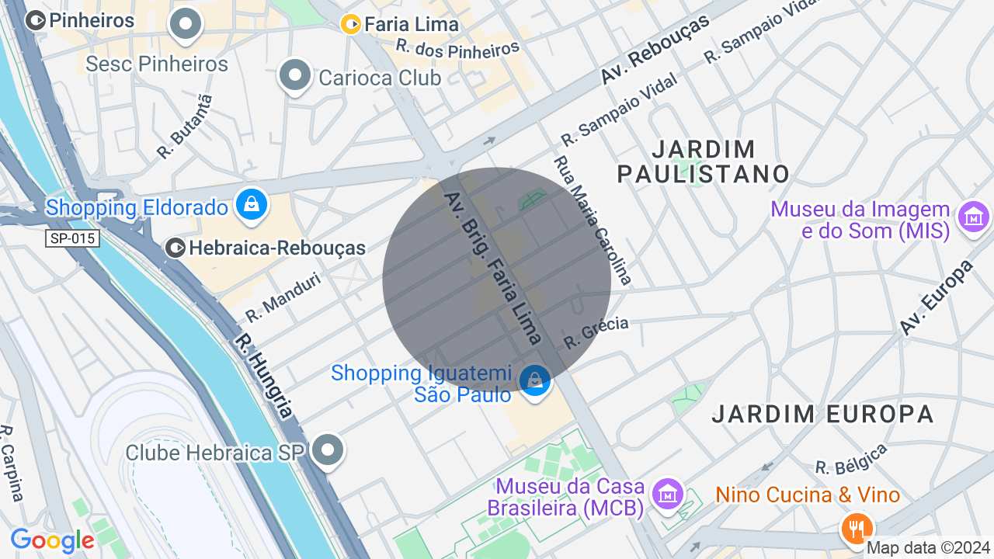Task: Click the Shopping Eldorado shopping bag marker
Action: (252, 205)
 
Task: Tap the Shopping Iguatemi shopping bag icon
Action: (534, 380)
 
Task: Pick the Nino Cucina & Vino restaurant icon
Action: (856, 529)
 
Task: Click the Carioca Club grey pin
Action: (295, 75)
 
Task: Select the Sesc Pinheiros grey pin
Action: (186, 24)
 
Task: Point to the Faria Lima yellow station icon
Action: (351, 25)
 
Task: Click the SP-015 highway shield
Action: (72, 238)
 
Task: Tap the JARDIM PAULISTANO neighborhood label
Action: (704, 161)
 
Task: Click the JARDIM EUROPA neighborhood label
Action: (822, 414)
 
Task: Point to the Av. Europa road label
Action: (937, 297)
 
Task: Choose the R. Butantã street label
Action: (184, 127)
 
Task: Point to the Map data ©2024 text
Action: (928, 548)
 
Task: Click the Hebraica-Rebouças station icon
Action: (176, 248)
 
